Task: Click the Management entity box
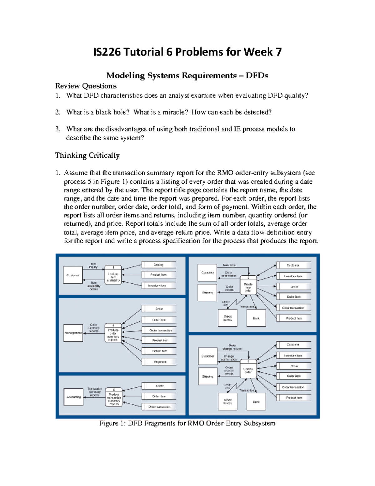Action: (x=73, y=333)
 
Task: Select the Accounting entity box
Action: (x=73, y=397)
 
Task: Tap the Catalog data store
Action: (x=159, y=265)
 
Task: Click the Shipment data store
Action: (x=160, y=362)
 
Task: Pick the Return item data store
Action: (x=160, y=351)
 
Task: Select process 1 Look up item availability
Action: (x=113, y=276)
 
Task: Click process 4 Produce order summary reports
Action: (x=113, y=333)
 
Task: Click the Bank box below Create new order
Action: (x=256, y=318)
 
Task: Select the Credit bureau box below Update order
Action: (x=227, y=402)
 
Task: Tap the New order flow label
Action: (x=230, y=265)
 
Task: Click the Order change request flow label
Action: (x=232, y=347)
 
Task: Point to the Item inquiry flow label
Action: (x=93, y=266)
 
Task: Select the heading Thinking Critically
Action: (x=87, y=156)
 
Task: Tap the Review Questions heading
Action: (x=86, y=86)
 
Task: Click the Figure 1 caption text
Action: (x=187, y=423)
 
